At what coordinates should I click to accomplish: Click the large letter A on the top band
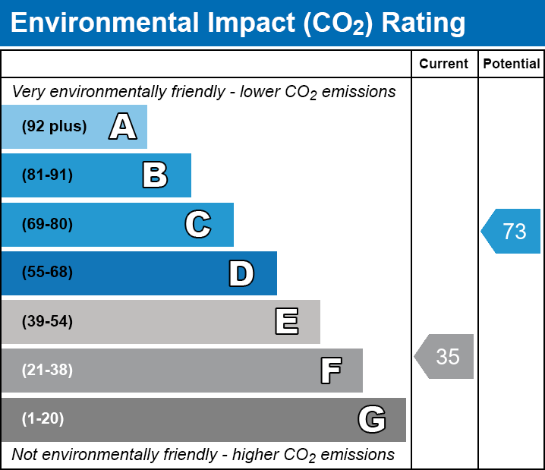coord(123,127)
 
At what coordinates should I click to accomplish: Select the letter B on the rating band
coord(155,175)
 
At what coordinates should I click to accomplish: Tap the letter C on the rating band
coord(197,225)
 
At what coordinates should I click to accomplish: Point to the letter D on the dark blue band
coord(241,273)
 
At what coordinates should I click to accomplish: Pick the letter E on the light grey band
coord(286,322)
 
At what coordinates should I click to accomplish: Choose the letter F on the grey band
coord(330,371)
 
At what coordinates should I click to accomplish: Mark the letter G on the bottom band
coord(372,419)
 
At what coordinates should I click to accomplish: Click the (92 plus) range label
coord(54,127)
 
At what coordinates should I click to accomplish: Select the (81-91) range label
coord(47,175)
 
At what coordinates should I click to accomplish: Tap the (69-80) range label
coord(47,225)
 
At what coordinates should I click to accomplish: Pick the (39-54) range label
coord(47,322)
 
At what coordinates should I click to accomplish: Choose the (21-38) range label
coord(47,371)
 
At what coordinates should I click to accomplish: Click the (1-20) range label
coord(43,419)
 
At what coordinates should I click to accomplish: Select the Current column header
coord(444,65)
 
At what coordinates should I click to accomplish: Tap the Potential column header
coord(512,65)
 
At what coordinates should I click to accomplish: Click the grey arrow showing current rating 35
coord(445,356)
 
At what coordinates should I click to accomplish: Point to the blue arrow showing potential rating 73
coord(512,231)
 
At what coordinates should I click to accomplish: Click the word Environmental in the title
coord(97,24)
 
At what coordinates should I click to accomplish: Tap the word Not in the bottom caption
coord(25,455)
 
